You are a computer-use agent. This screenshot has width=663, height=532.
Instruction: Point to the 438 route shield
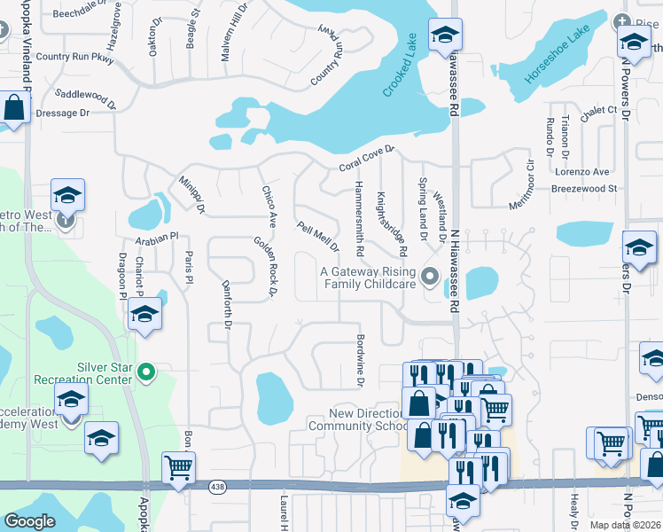217,487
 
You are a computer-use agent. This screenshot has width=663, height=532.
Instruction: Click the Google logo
30,521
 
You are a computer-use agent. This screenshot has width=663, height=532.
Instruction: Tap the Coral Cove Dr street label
365,160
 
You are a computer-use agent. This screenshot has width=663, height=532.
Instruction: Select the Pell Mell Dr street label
318,237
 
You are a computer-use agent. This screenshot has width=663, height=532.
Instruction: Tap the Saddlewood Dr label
85,98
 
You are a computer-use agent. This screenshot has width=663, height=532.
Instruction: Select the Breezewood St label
583,188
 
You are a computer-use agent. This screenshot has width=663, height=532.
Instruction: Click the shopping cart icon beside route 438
179,466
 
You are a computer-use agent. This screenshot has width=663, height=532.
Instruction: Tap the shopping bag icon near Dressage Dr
14,108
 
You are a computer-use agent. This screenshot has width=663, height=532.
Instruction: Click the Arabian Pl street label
157,238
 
